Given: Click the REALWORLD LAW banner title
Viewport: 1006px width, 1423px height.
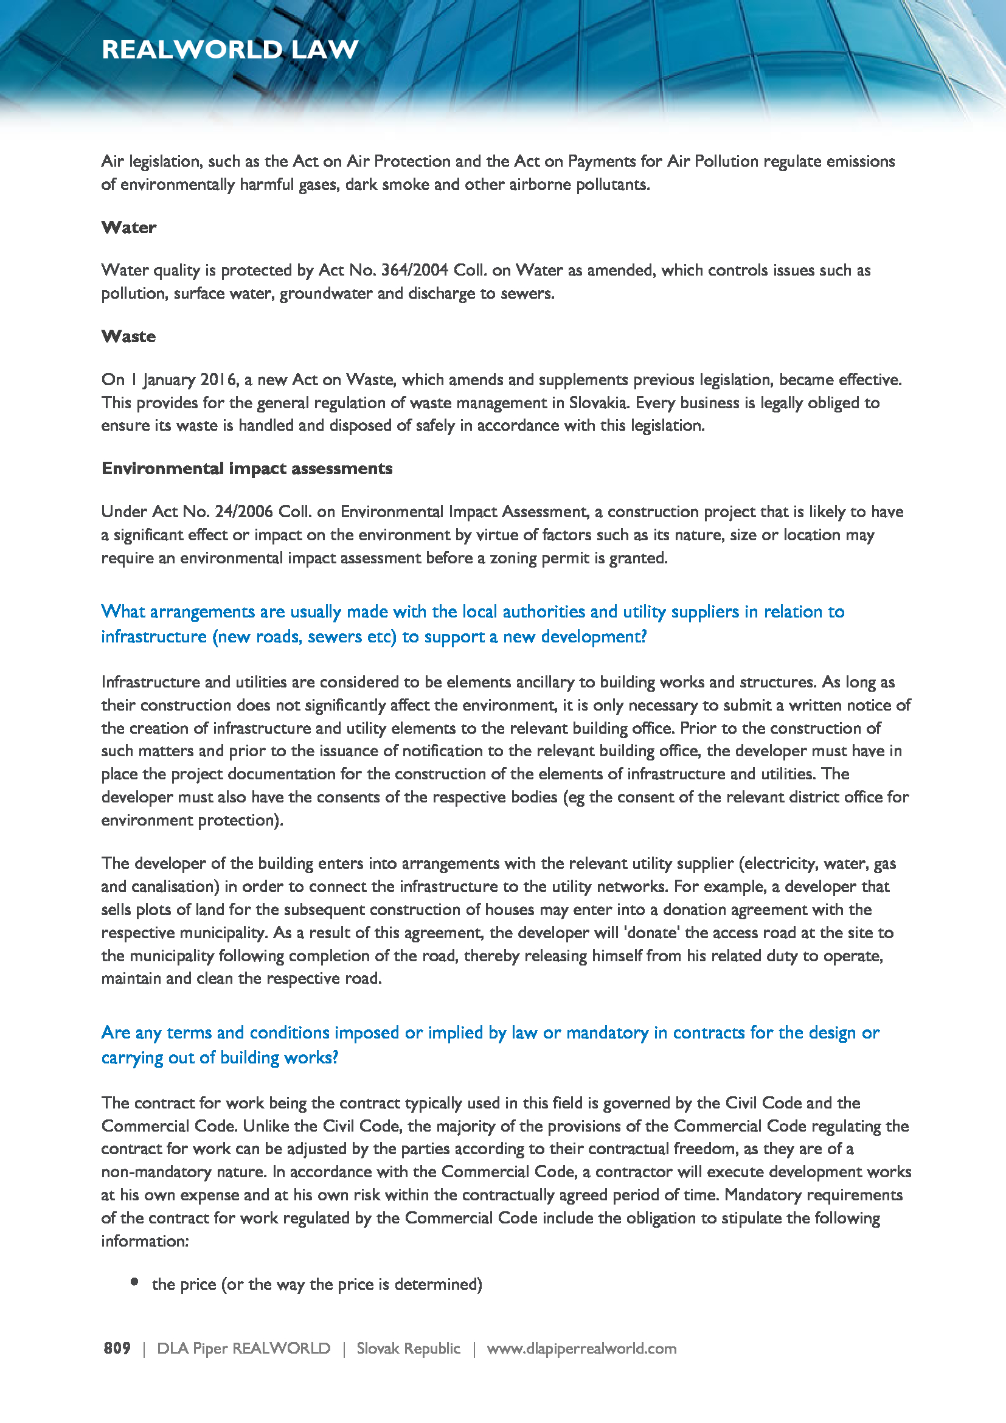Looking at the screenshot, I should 230,49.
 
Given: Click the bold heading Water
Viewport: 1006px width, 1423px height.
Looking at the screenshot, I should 129,228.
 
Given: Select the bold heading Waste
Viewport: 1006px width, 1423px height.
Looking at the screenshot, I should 129,336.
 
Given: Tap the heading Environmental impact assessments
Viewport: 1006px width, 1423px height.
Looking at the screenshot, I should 246,468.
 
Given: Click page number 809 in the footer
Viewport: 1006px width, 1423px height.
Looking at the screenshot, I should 117,1349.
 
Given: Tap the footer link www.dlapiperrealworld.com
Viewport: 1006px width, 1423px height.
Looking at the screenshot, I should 581,1349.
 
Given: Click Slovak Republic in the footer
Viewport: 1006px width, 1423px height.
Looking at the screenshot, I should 408,1349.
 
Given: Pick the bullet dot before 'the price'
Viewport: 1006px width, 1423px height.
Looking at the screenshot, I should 134,1282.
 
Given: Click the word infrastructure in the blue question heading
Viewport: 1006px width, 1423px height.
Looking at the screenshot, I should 154,637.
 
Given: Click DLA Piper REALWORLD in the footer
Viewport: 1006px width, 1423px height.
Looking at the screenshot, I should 243,1349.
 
